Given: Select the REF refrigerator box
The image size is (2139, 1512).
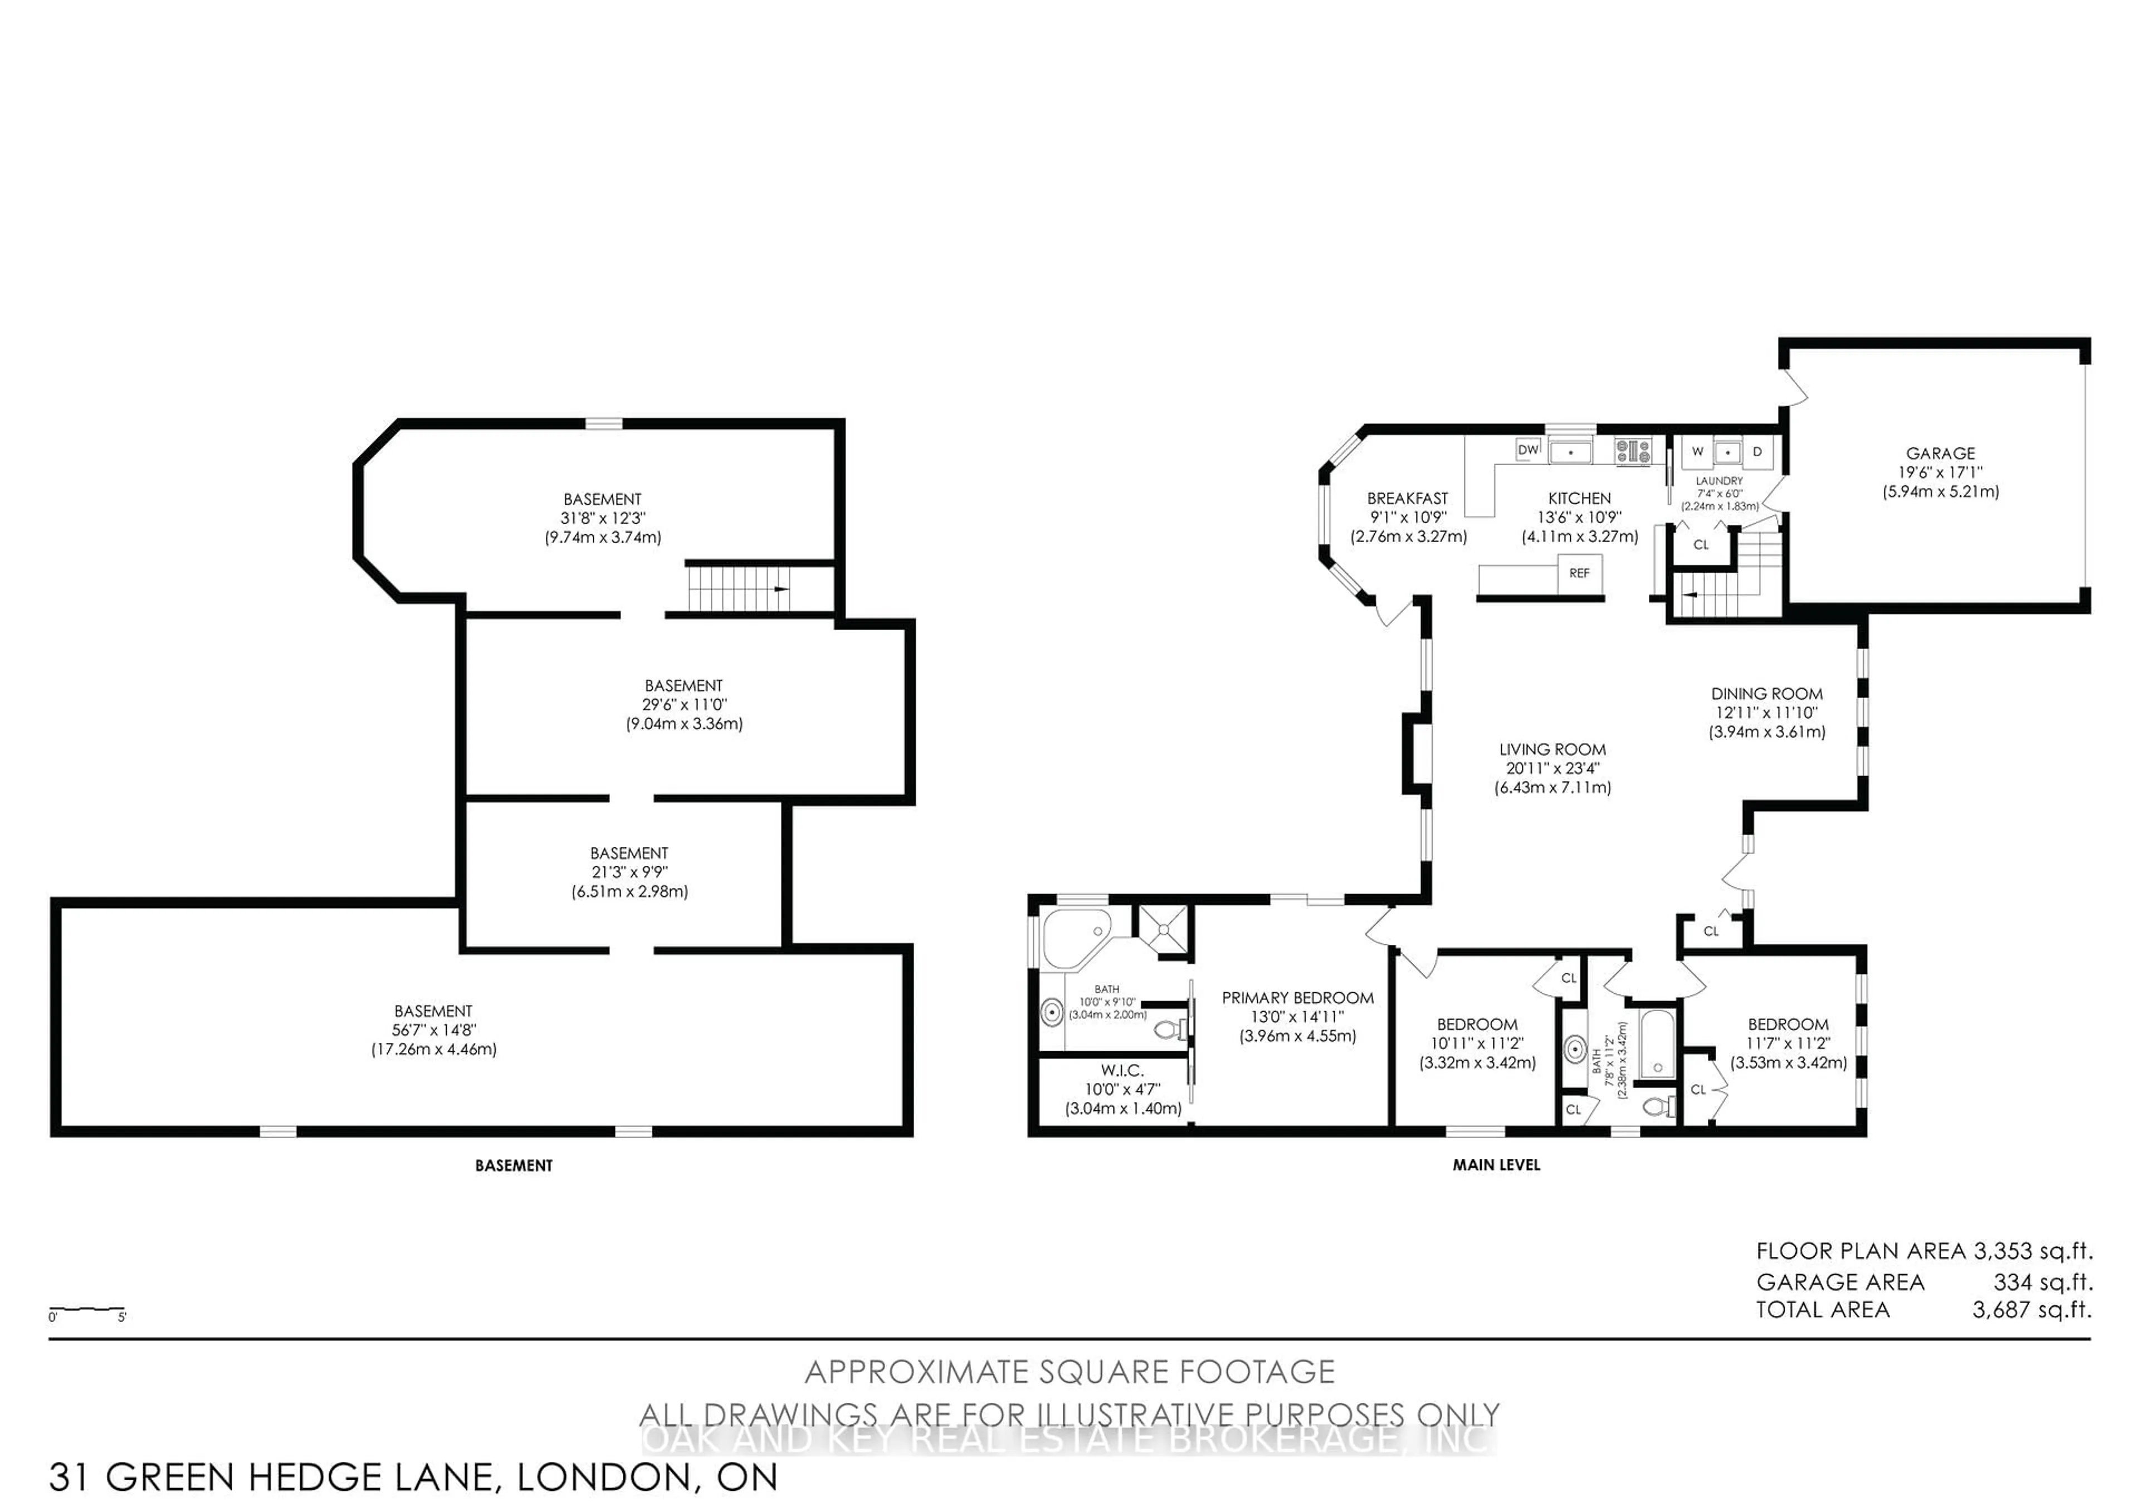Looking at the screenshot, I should point(1579,573).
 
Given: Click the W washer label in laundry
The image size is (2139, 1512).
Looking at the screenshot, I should point(1697,452).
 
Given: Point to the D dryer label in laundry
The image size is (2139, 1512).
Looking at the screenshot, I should point(1757,452).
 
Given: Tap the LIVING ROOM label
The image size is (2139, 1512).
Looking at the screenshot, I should point(1552,749).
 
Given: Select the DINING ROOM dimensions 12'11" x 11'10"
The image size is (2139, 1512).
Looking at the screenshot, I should point(1766,713).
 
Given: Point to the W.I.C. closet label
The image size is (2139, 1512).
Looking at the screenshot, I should point(1122,1070).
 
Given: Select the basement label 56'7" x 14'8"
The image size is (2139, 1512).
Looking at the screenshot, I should point(433,1030).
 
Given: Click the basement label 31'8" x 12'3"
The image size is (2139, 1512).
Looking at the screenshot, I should point(603,518).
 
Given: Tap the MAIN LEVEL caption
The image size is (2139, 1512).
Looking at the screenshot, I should point(1496,1164).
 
